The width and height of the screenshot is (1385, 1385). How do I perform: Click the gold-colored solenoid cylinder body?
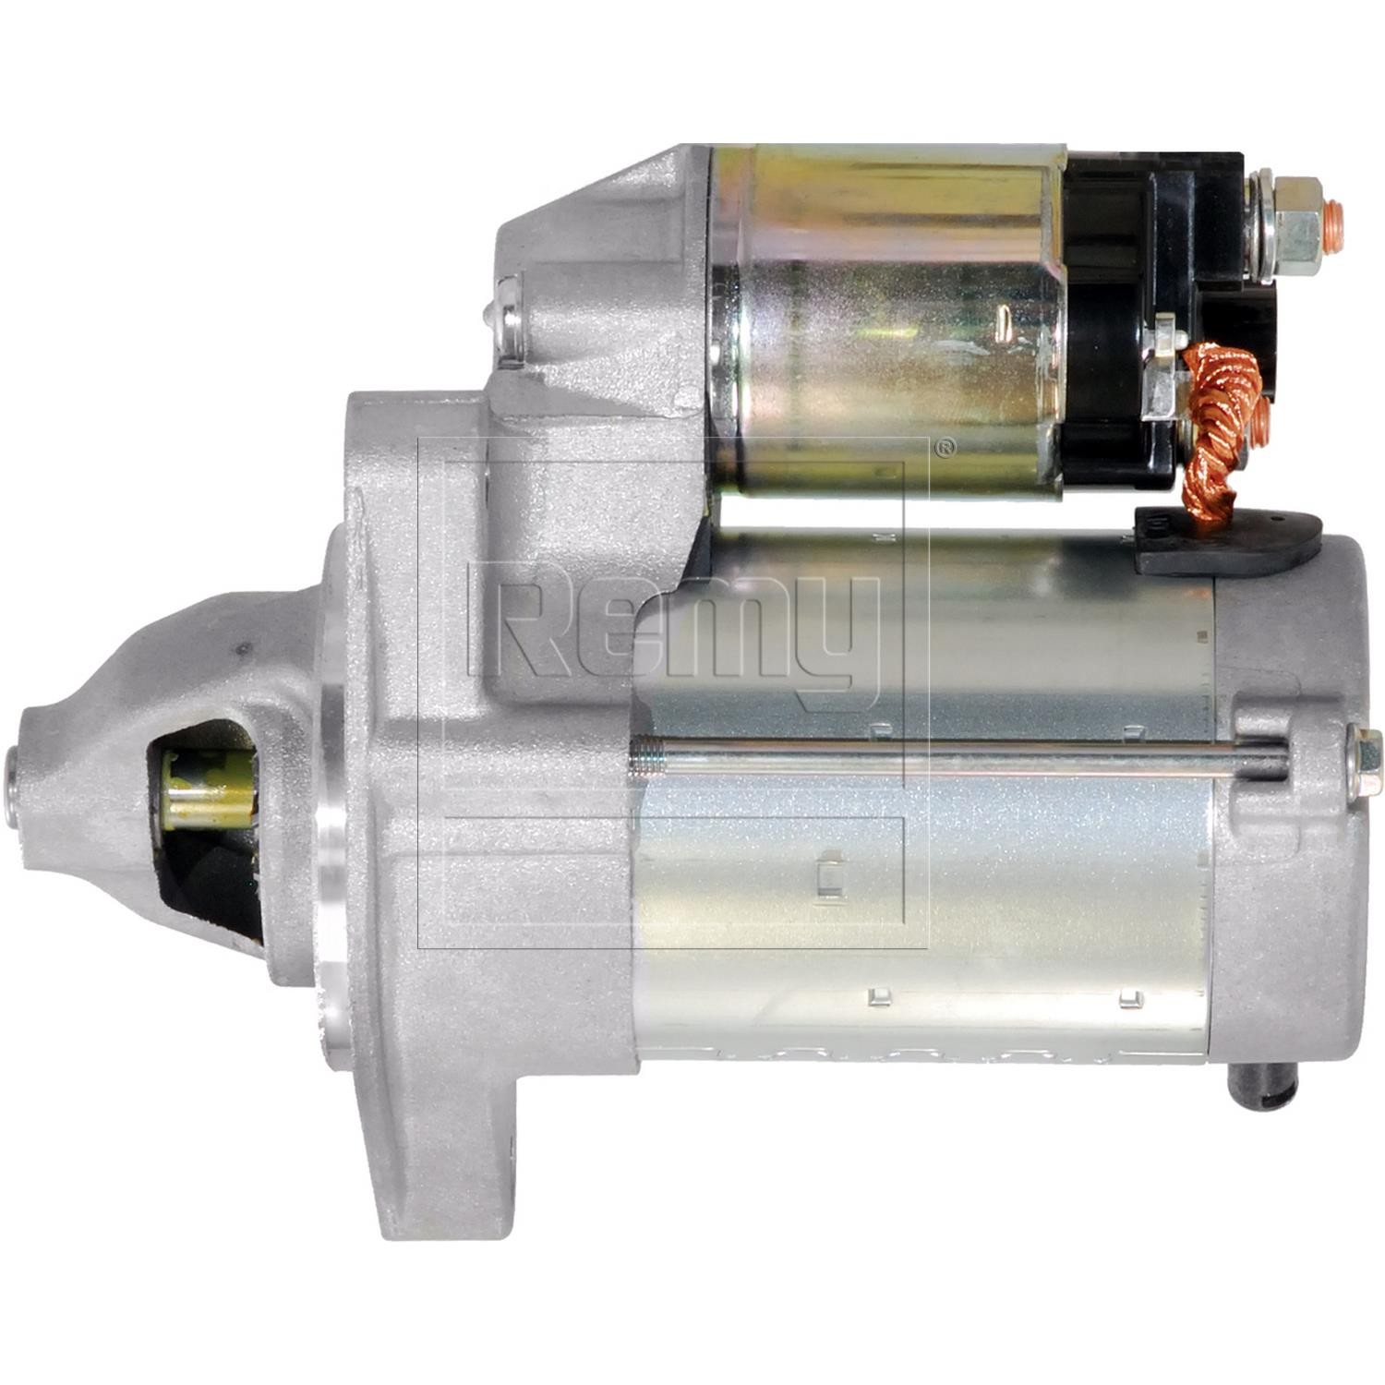point(886,323)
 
